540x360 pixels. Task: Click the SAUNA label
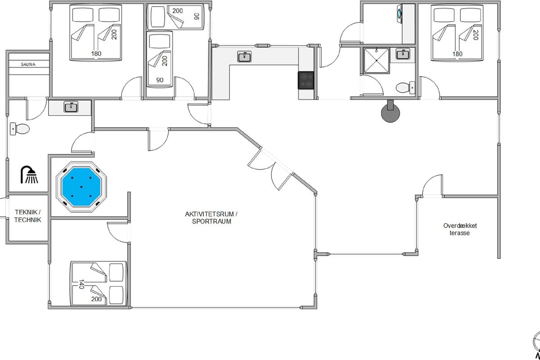(28, 64)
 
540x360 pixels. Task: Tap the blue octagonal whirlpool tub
(81, 187)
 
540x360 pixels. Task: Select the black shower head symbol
(29, 175)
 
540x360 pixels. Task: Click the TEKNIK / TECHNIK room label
(28, 216)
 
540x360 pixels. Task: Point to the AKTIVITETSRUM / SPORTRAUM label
(211, 217)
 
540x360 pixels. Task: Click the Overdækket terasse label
(460, 229)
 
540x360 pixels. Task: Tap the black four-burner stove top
(306, 80)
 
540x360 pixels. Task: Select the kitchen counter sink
(244, 57)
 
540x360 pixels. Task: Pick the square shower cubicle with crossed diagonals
(376, 60)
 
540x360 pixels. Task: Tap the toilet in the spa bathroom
(20, 129)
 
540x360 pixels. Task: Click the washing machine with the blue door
(400, 13)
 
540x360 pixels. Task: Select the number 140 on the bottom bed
(81, 284)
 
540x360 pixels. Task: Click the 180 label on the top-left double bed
(96, 54)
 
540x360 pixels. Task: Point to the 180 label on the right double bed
(457, 54)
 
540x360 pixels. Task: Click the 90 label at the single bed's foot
(160, 80)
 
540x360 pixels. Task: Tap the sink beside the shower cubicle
(403, 54)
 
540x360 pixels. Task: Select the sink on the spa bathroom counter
(71, 107)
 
